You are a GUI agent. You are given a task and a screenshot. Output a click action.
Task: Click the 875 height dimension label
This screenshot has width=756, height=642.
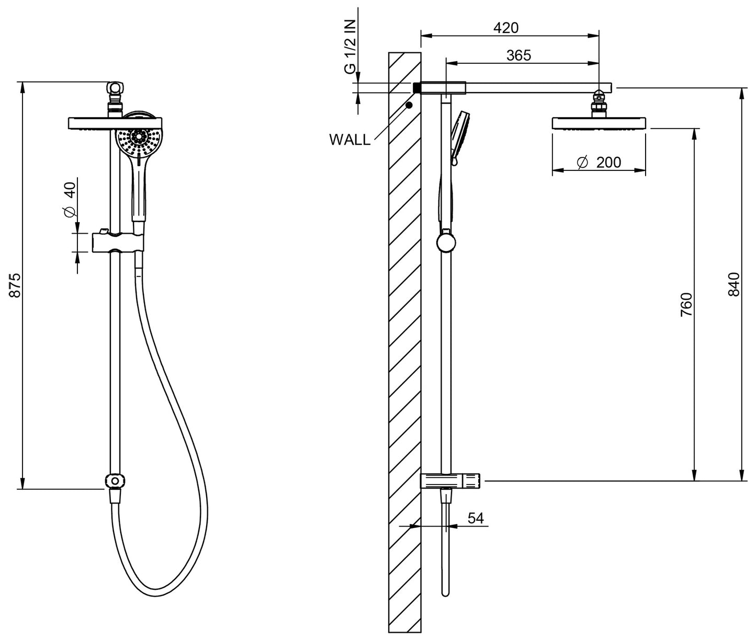[15, 285]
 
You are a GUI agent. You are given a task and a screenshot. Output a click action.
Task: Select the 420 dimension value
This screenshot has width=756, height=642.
[506, 28]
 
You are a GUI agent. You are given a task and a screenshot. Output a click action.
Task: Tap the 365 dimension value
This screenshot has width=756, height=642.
[518, 55]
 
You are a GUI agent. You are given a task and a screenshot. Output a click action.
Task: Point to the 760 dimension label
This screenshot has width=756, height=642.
[686, 305]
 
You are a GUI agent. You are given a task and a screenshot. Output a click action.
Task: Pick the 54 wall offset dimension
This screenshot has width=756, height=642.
[475, 518]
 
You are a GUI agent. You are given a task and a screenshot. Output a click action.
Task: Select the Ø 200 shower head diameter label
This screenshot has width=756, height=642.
[599, 163]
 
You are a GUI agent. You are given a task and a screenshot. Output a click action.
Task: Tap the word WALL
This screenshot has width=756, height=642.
[349, 140]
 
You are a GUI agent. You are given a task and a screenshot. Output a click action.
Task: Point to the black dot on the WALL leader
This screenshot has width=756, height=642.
[409, 105]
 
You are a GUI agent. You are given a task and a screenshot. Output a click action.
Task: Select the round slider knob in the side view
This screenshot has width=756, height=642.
[446, 242]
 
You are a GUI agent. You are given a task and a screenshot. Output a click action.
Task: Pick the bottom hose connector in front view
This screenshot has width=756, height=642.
[115, 481]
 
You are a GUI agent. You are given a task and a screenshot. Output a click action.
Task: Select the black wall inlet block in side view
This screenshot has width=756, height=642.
[417, 88]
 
